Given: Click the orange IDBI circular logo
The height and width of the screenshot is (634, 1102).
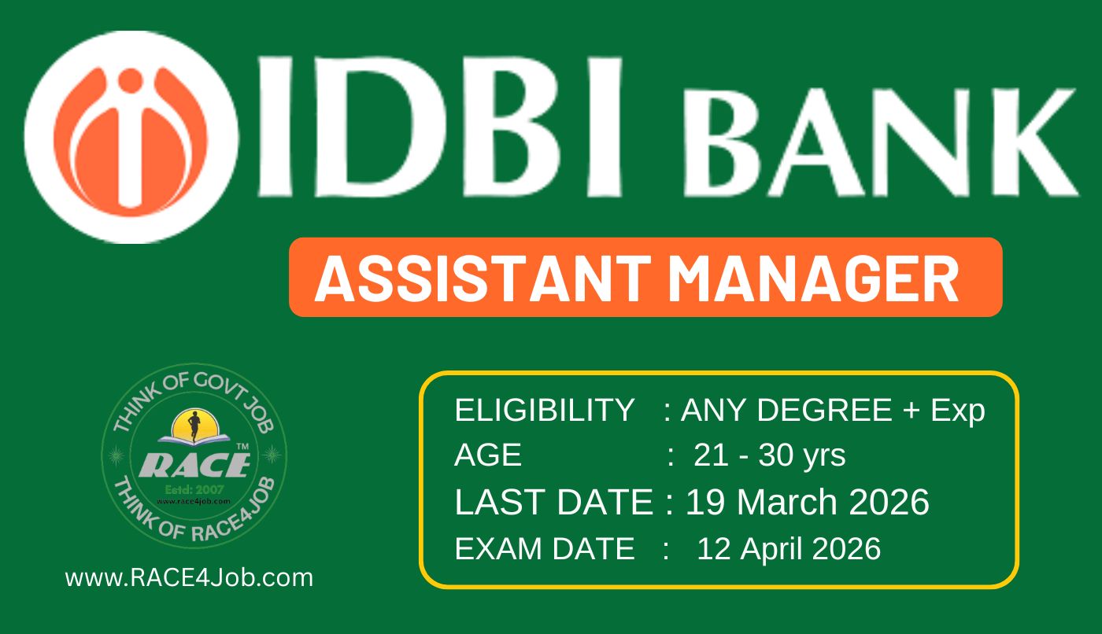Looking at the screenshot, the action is point(131,137).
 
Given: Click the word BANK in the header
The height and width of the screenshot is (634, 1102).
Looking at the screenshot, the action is point(881,142).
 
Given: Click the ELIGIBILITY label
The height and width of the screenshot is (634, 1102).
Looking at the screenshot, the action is point(544,410).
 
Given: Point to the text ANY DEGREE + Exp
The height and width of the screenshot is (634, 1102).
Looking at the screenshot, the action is point(833,411).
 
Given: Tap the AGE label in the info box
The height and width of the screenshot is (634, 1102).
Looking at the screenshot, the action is point(487,455).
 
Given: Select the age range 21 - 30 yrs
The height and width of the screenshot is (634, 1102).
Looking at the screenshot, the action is point(770,456).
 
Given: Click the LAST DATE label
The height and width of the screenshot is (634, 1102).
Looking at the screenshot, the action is point(554,503).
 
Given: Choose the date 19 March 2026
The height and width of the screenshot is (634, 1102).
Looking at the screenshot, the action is point(808,503).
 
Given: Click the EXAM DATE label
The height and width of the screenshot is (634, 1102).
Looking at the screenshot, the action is point(544,548).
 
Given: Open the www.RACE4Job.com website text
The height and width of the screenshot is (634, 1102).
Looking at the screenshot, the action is point(189,578).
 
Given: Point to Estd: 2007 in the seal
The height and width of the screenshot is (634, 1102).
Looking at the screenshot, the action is point(194,490).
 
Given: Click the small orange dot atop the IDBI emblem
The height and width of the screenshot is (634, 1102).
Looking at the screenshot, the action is point(131,81).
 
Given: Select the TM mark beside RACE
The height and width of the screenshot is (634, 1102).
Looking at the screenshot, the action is point(242,447).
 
